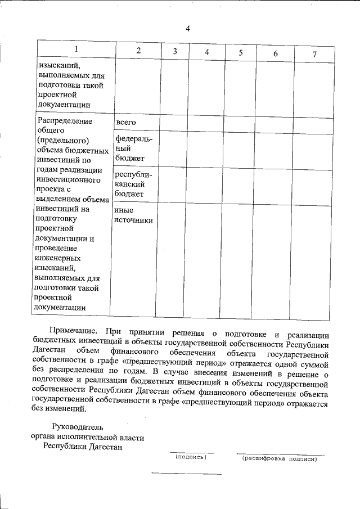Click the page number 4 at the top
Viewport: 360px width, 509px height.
pyautogui.click(x=188, y=29)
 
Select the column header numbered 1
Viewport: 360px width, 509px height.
pyautogui.click(x=76, y=49)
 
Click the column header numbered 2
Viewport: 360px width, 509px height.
pyautogui.click(x=138, y=51)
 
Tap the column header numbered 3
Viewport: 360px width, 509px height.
pyautogui.click(x=175, y=51)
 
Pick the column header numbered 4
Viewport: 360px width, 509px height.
pyautogui.click(x=207, y=52)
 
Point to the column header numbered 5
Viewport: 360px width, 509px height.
pyautogui.click(x=240, y=52)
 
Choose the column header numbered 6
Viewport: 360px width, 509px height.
pyautogui.click(x=276, y=53)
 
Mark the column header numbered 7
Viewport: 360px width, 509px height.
pyautogui.click(x=314, y=54)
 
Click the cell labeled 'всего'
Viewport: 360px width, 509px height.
pyautogui.click(x=125, y=122)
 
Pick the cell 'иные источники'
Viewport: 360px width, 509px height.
pyautogui.click(x=133, y=215)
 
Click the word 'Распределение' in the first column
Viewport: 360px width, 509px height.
pyautogui.click(x=64, y=120)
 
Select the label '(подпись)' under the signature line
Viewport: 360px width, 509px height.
pyautogui.click(x=191, y=457)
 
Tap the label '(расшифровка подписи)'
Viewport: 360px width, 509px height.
pyautogui.click(x=280, y=459)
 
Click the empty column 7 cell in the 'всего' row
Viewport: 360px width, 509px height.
pyautogui.click(x=313, y=124)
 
